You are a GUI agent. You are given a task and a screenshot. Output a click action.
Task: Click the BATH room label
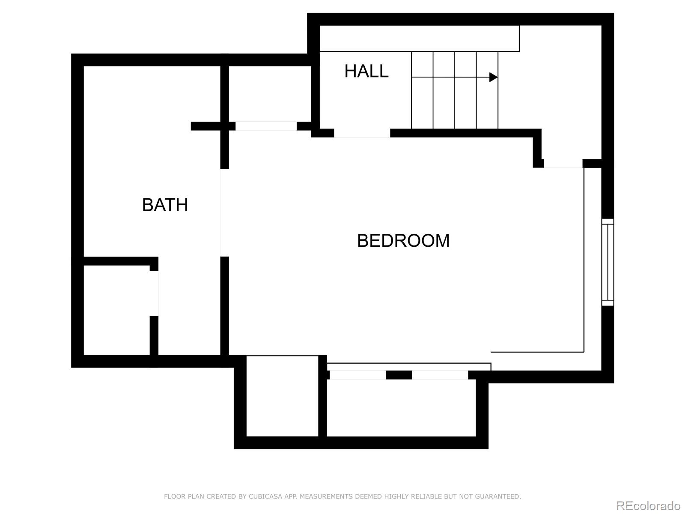pos(165,205)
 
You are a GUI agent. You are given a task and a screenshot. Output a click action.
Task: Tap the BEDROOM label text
pos(403,241)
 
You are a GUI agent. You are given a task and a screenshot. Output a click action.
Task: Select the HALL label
pos(366,71)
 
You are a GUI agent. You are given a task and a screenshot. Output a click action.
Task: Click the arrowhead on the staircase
pos(493,77)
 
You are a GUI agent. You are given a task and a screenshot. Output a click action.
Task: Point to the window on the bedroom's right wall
pos(608,262)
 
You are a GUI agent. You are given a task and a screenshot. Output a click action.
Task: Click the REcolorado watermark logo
pos(648,505)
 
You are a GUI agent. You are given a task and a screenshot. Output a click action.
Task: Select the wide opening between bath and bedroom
pos(224,212)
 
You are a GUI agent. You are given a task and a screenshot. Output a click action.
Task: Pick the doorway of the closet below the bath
pos(154,293)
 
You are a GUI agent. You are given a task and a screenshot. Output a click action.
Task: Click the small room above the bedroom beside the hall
pos(270,94)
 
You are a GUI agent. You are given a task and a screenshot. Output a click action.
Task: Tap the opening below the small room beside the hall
pos(266,126)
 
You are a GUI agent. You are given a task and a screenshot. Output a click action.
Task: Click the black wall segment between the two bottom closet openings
pos(399,375)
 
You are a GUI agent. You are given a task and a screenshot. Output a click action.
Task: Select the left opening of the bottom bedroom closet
pos(357,375)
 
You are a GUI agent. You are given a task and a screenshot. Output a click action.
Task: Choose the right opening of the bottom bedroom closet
pos(440,375)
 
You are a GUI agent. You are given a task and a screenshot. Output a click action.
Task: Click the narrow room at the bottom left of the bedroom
pos(282,396)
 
